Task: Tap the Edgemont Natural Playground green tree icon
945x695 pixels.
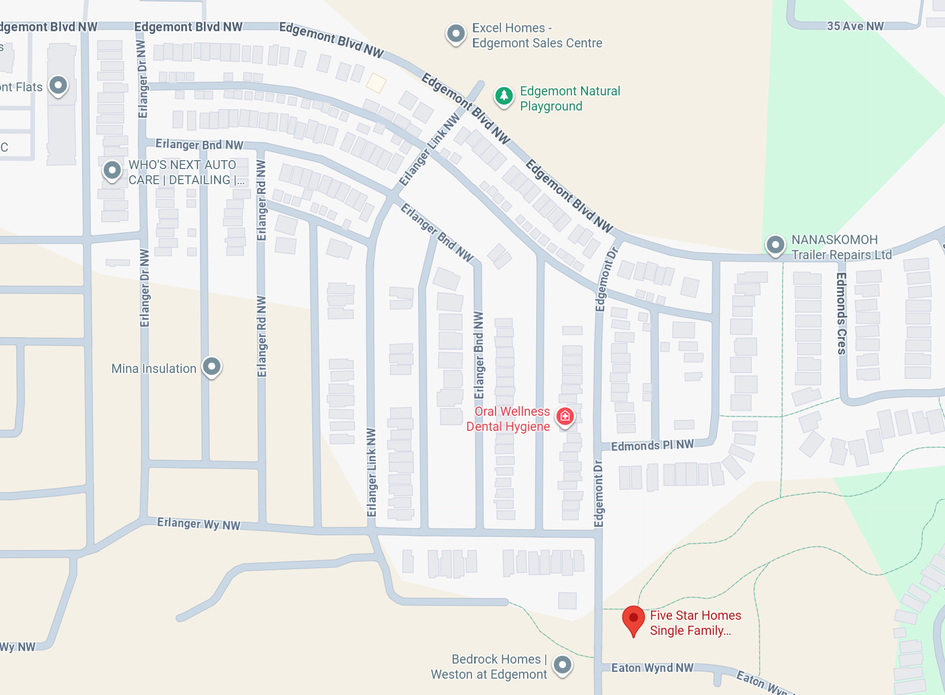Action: [504, 96]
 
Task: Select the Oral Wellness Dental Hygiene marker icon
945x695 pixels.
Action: [565, 416]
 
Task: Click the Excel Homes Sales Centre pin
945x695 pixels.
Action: [456, 34]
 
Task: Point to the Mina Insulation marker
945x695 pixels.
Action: [211, 366]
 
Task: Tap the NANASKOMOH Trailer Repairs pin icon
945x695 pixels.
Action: [775, 245]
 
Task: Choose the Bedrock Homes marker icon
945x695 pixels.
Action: [562, 665]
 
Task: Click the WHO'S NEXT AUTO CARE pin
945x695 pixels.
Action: [112, 170]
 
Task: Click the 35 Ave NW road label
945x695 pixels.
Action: [855, 26]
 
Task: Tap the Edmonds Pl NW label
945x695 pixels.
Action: [652, 446]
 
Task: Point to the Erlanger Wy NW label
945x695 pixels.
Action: [198, 524]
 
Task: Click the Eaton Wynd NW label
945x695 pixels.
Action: [652, 668]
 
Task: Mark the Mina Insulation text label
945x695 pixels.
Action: [153, 368]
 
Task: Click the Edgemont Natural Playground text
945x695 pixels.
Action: [570, 99]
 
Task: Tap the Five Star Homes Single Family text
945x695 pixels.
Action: [695, 623]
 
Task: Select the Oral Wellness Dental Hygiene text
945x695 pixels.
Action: [508, 419]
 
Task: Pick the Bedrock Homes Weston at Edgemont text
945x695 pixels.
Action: [489, 667]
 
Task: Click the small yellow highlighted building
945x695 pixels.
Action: [376, 83]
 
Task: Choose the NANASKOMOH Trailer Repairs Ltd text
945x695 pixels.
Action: [841, 247]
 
